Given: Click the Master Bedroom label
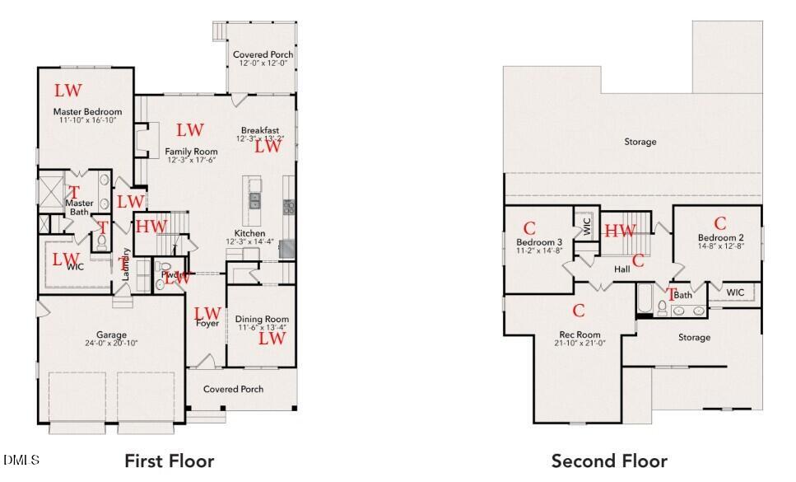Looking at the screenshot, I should click(x=87, y=111).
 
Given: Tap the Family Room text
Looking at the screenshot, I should click(x=191, y=152).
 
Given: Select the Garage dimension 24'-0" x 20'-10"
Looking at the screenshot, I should click(x=111, y=344).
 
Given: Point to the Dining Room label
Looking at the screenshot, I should click(x=262, y=319).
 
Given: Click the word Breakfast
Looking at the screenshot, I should click(x=259, y=130).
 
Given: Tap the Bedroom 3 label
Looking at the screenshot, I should click(x=539, y=242).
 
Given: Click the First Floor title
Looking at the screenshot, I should click(x=169, y=461).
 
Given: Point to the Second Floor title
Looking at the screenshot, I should click(x=609, y=461).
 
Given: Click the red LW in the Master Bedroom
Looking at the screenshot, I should click(x=68, y=90).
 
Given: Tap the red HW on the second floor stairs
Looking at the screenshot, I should click(x=620, y=231).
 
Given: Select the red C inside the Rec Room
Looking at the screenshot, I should click(x=579, y=311).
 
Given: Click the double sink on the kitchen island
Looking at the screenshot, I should click(x=255, y=199).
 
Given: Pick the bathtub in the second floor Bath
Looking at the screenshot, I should click(x=644, y=300).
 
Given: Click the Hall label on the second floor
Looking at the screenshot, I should click(x=621, y=269).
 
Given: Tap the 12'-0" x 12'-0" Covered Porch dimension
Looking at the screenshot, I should click(x=262, y=63).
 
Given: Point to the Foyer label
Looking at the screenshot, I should click(x=207, y=324).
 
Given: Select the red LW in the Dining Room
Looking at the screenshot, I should click(x=272, y=338).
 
